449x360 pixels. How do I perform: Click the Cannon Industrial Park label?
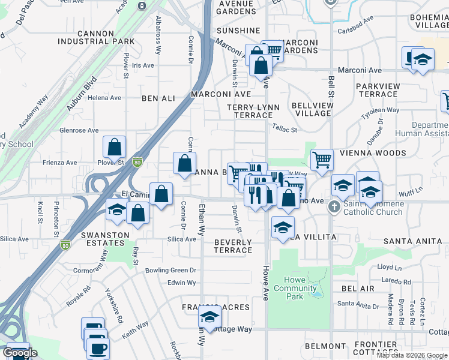[104, 37]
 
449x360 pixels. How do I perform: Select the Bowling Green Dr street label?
[171, 271]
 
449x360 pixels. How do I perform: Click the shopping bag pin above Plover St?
[114, 147]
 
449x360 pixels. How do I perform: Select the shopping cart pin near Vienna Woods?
[322, 160]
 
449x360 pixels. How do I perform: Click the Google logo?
[20, 353]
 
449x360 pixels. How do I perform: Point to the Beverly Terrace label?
[232, 246]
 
